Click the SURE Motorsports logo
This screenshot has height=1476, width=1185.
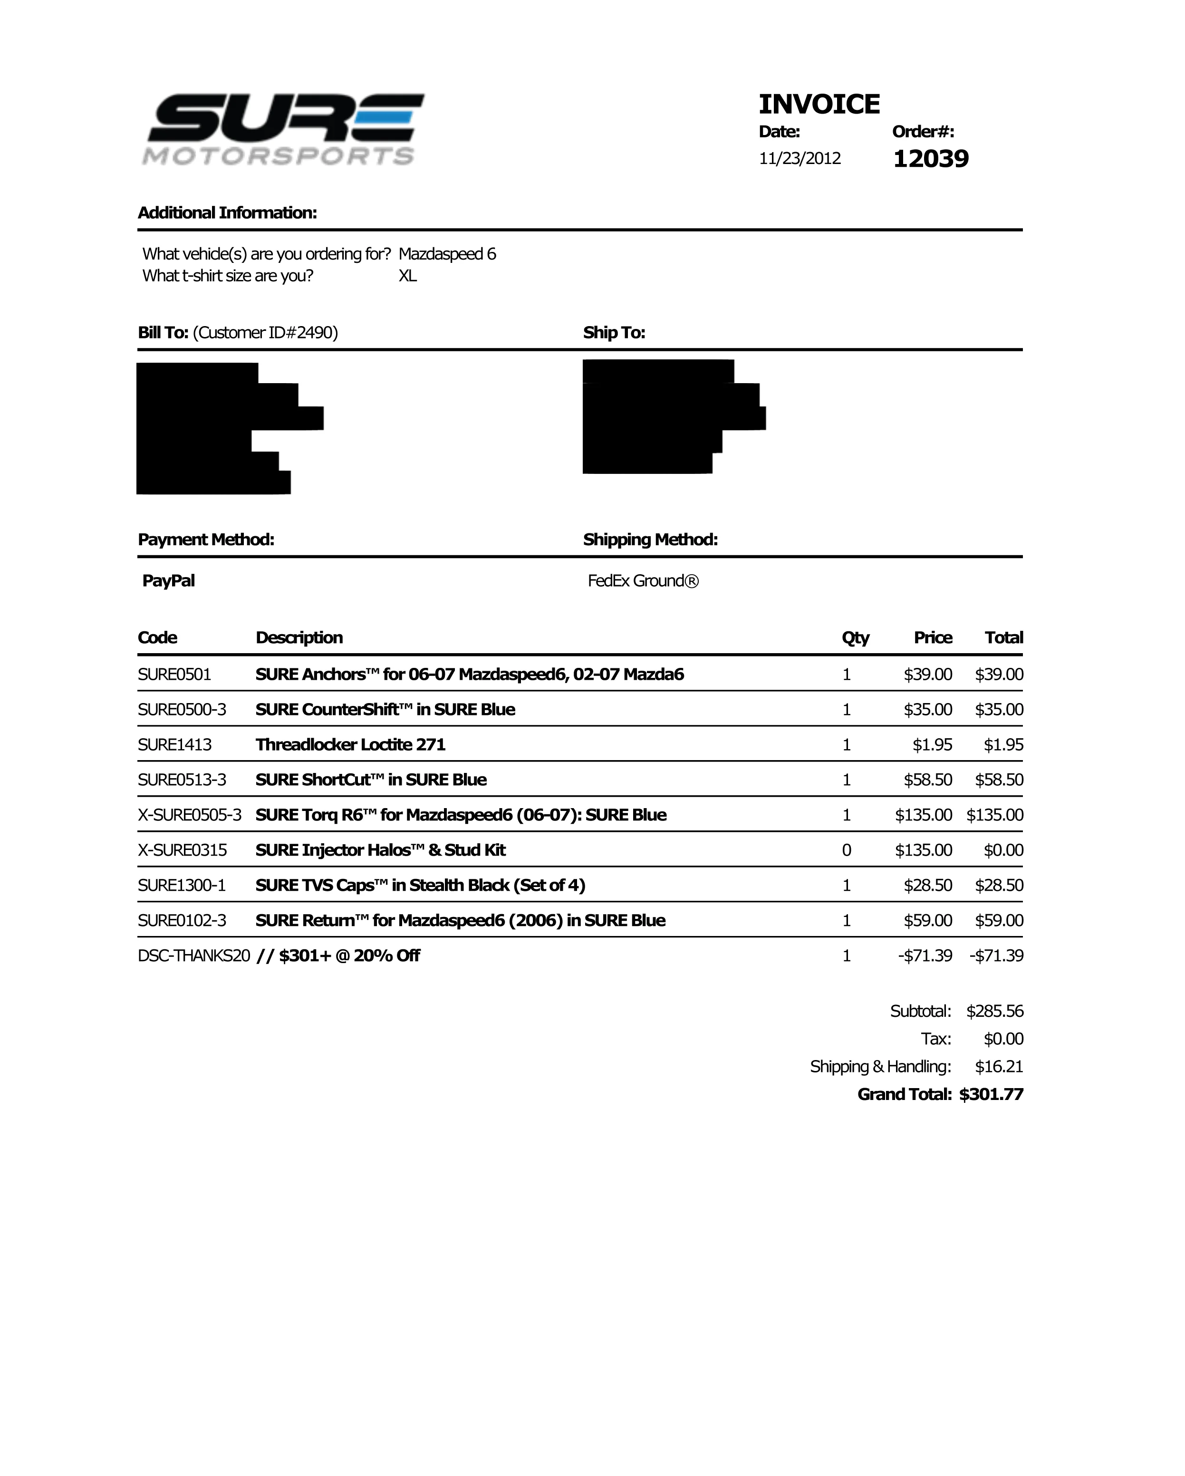(283, 129)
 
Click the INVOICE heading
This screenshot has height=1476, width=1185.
(819, 104)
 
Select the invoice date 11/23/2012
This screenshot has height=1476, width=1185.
(800, 159)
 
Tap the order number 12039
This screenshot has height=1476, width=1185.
(930, 159)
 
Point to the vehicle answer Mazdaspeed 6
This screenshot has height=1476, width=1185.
(447, 254)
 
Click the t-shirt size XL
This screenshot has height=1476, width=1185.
(407, 276)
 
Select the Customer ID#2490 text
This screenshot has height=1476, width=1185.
(266, 333)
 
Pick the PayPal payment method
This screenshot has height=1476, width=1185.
(168, 580)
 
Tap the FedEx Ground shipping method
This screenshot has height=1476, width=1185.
(643, 580)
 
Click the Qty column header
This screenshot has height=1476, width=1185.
(855, 637)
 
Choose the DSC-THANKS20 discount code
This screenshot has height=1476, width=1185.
(194, 955)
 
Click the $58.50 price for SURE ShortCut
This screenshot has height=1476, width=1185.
(927, 780)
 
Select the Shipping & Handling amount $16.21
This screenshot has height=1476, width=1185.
(999, 1067)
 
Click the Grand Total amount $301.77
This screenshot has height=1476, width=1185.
(991, 1094)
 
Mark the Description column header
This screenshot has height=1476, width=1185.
(299, 637)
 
